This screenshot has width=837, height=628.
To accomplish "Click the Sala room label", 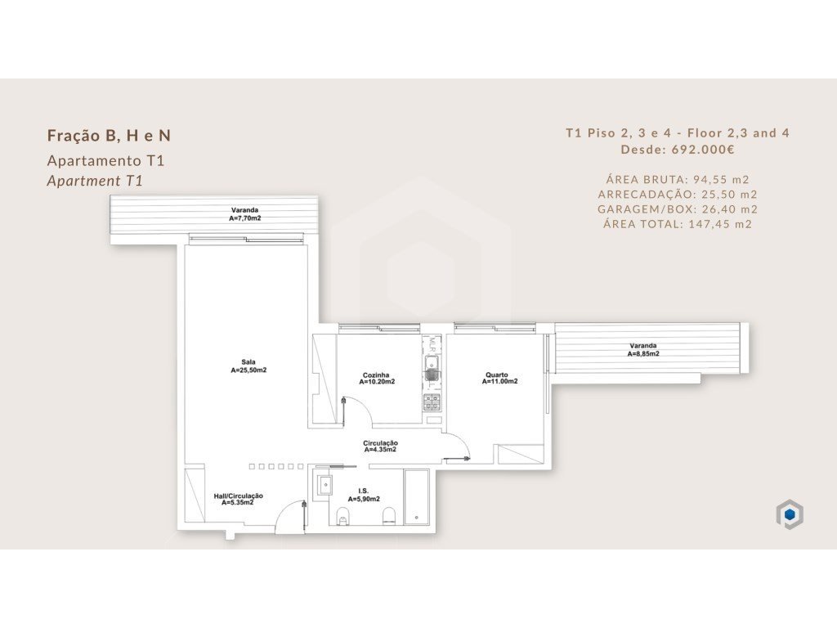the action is (248, 362).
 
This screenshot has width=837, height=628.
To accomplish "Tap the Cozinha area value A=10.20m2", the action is (377, 382).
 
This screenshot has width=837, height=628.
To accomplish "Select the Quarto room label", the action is (497, 375).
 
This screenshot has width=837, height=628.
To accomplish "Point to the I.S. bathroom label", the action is (364, 491).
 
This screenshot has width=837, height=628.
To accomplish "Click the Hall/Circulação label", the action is (238, 496).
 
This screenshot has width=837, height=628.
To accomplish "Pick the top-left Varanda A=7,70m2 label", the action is (245, 214).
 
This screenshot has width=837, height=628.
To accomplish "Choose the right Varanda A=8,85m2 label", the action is (643, 350).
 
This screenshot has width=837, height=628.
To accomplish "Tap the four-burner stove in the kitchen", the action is (432, 402).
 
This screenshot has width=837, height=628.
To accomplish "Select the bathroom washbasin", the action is (325, 485).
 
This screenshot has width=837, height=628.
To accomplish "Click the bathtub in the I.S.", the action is (416, 497).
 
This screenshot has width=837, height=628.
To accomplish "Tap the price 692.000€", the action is (703, 150).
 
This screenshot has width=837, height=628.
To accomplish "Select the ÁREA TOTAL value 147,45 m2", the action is (720, 224).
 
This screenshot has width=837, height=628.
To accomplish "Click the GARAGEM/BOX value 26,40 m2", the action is (730, 209).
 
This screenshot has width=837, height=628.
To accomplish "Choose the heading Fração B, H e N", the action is (109, 136).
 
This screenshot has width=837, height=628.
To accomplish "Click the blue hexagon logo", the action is (790, 514).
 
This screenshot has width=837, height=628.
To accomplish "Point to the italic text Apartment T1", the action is (95, 181).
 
